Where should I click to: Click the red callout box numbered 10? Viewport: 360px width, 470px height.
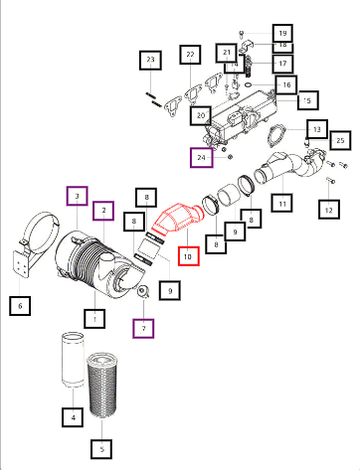(189, 256)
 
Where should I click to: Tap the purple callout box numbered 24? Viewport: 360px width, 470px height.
(201, 157)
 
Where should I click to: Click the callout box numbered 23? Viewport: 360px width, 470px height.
(151, 60)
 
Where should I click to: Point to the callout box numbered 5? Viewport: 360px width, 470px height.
(101, 449)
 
